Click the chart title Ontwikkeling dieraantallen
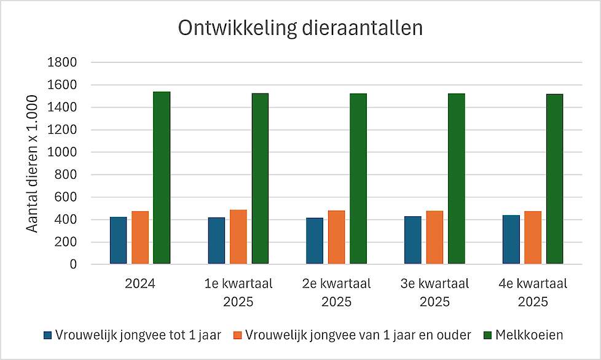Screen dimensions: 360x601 pyautogui.click(x=300, y=28)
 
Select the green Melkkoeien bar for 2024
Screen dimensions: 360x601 pyautogui.click(x=162, y=178)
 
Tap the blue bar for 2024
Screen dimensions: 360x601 pyautogui.click(x=119, y=241)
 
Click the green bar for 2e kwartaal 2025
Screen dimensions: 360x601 pyautogui.click(x=358, y=179)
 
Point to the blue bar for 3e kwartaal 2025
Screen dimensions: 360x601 pyautogui.click(x=413, y=240)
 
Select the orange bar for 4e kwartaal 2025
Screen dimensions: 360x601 pyautogui.click(x=533, y=238)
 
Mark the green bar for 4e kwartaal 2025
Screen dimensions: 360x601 pyautogui.click(x=554, y=179)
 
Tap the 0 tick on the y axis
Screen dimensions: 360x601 pyautogui.click(x=73, y=265)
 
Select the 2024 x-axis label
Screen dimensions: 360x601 pyautogui.click(x=139, y=284)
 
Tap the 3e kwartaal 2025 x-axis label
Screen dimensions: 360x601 pyautogui.click(x=434, y=293)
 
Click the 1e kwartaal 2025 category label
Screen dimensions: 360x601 pyautogui.click(x=238, y=293)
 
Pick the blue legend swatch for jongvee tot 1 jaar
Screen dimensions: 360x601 pyautogui.click(x=48, y=335)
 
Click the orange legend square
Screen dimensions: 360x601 pyautogui.click(x=238, y=335)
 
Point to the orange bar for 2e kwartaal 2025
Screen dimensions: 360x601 pyautogui.click(x=337, y=237)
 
